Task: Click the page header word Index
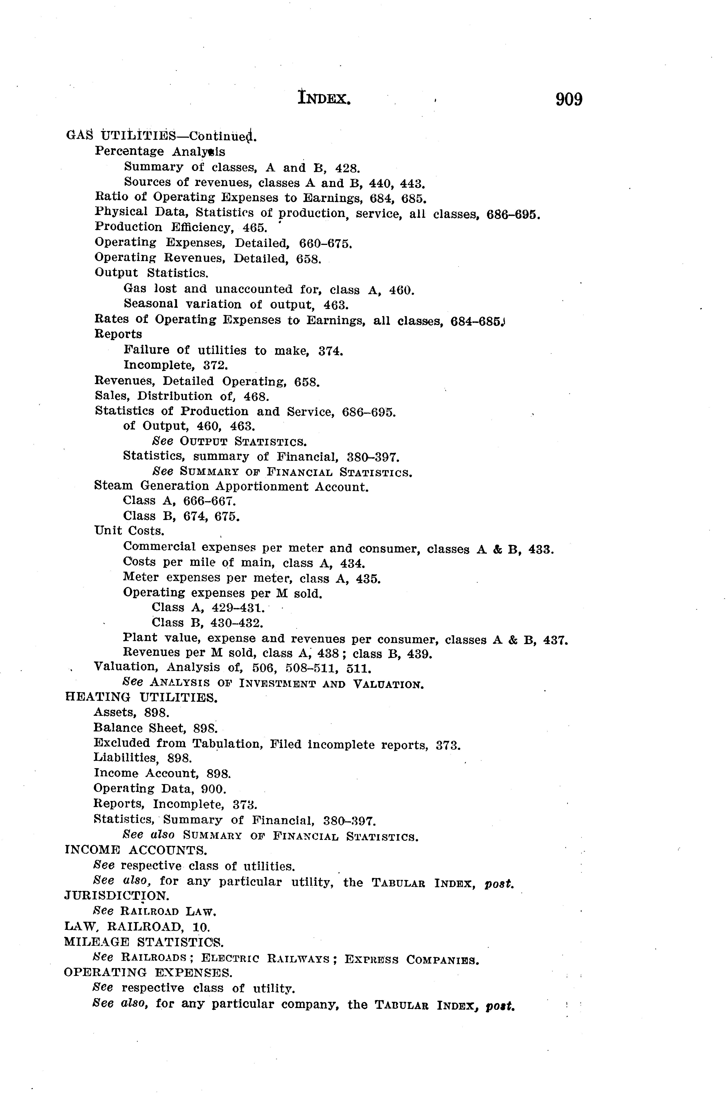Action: click(324, 99)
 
